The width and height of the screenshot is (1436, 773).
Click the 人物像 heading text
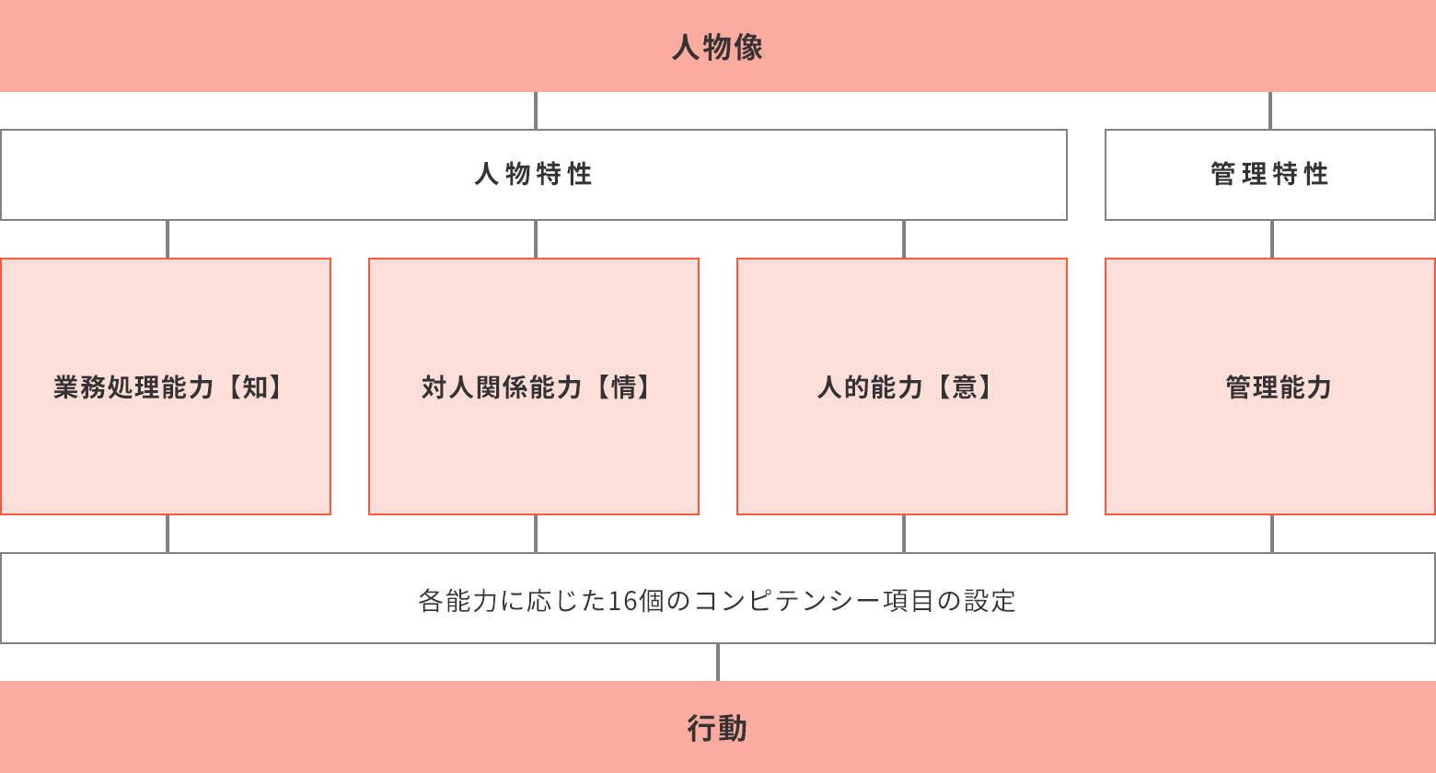pos(717,48)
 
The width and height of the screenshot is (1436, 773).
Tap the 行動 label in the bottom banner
pos(717,728)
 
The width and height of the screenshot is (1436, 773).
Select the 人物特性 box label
pos(533,174)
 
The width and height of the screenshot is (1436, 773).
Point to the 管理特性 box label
pos(1269,174)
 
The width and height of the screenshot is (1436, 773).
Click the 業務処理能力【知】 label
pos(168,387)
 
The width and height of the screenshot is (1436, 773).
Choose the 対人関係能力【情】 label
pos(536,387)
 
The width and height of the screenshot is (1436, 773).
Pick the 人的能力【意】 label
pos(904,387)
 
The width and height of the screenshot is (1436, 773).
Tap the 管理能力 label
pos(1279,387)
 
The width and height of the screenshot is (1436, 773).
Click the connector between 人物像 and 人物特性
pos(536,110)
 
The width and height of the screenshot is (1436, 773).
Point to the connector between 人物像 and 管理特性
pos(1270,110)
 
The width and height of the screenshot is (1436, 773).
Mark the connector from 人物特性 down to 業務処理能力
pos(168,239)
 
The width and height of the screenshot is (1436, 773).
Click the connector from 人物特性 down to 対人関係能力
pos(536,239)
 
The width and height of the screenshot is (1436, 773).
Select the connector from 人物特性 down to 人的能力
pos(904,239)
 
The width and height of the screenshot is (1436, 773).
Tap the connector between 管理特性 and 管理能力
pos(1272,239)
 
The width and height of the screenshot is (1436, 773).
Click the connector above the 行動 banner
pos(718,663)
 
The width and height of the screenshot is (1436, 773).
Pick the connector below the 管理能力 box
pos(1272,534)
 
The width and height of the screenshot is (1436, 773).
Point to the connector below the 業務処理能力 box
pos(168,534)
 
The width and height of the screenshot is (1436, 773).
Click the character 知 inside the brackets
pos(254,387)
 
